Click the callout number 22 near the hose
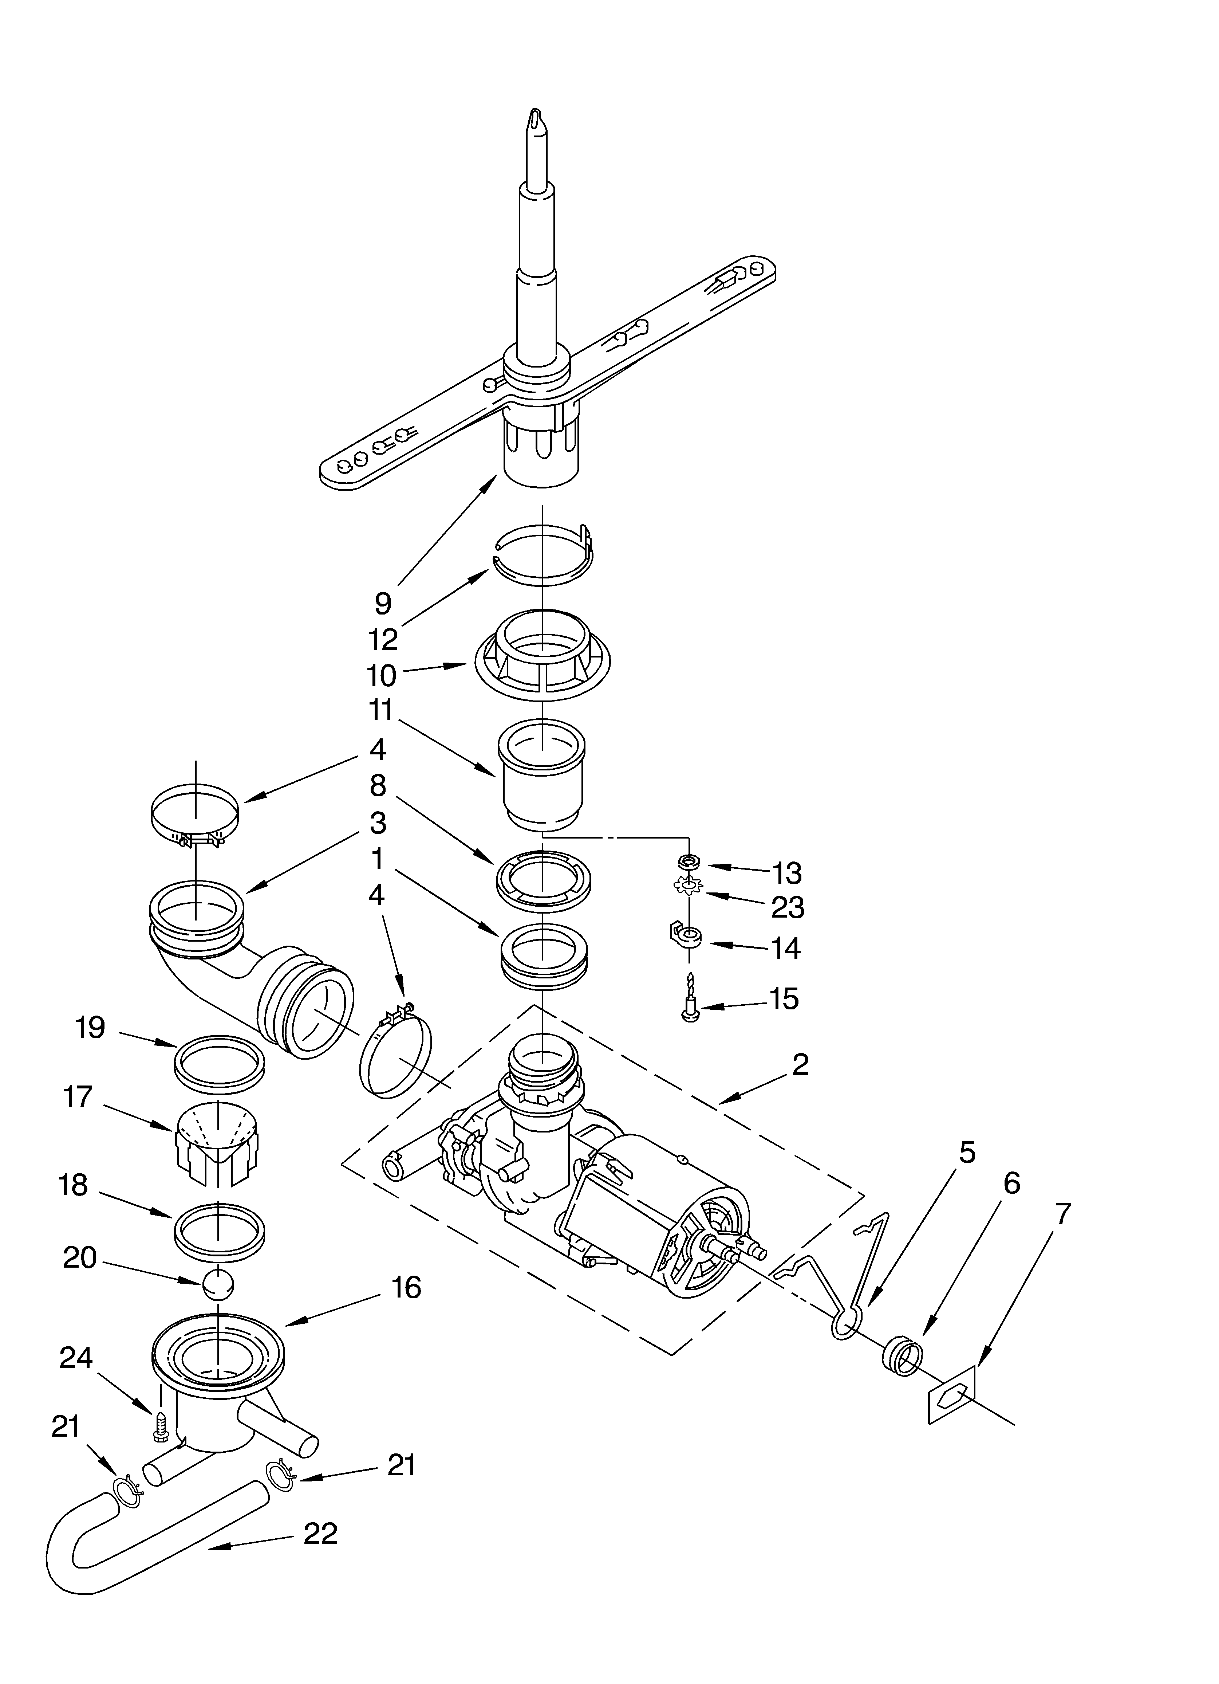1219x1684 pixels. click(x=321, y=1533)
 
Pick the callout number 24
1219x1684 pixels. click(x=76, y=1358)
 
